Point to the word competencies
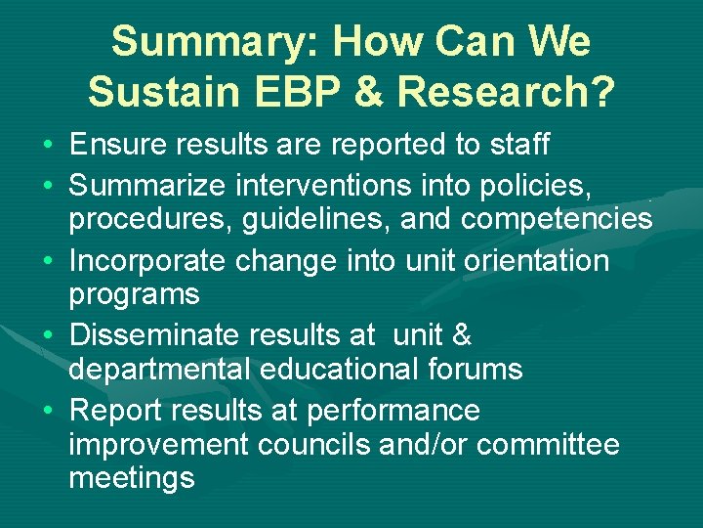(x=557, y=219)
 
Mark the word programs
(x=134, y=294)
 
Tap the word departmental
(x=157, y=369)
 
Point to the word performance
(x=393, y=410)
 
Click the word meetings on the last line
(x=132, y=478)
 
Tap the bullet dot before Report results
(x=49, y=410)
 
